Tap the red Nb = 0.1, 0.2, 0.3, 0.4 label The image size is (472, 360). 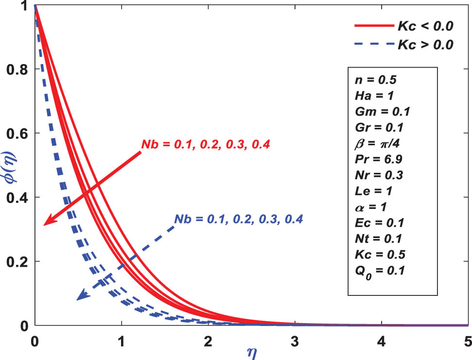click(205, 144)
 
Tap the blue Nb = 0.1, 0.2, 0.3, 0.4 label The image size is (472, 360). click(238, 219)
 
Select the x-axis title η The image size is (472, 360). click(249, 351)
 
